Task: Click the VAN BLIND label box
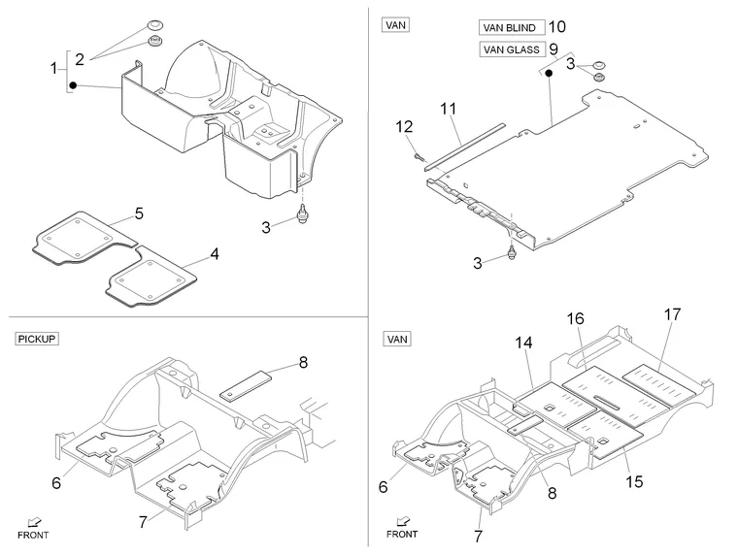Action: [x=512, y=27]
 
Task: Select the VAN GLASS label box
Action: [x=512, y=49]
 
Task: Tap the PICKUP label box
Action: [x=37, y=339]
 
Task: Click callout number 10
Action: [x=556, y=27]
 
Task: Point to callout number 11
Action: [x=448, y=109]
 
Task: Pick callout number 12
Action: [x=404, y=126]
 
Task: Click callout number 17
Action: [x=672, y=314]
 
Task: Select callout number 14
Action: [x=523, y=343]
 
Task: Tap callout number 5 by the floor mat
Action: [x=139, y=213]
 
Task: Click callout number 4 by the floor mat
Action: [x=215, y=254]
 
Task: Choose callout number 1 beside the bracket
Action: [x=53, y=68]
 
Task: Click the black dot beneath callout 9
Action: [x=549, y=73]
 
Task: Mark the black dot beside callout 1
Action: [x=73, y=85]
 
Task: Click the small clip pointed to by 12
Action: [x=418, y=155]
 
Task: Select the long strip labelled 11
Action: [x=464, y=146]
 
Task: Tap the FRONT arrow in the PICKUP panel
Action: [x=34, y=522]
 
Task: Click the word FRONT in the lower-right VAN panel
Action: [x=402, y=534]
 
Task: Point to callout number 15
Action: [x=634, y=481]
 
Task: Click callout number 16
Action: [x=575, y=319]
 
